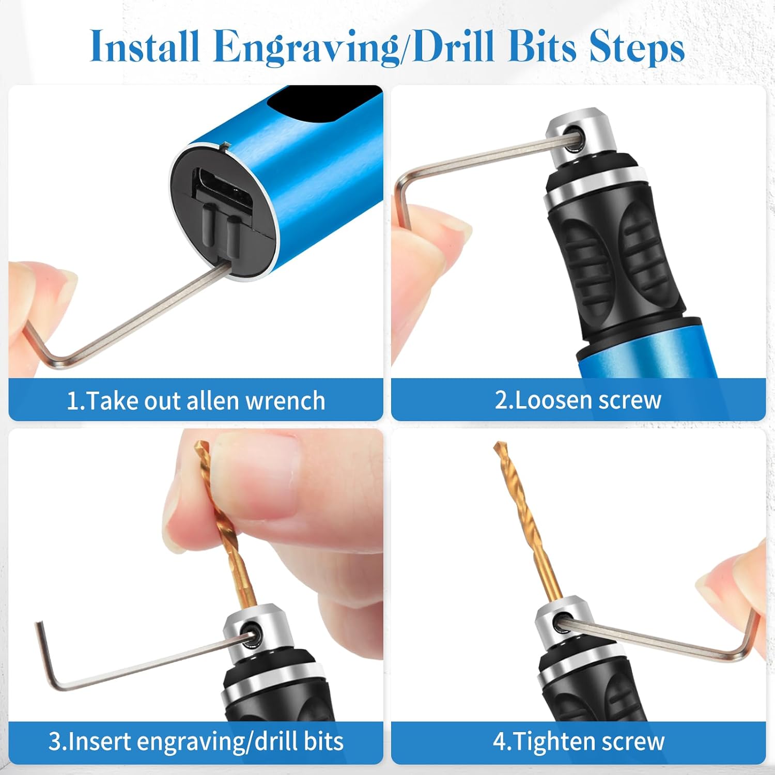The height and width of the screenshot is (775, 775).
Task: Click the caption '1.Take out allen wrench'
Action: click(196, 401)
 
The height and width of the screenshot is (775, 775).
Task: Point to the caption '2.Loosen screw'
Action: click(578, 400)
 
